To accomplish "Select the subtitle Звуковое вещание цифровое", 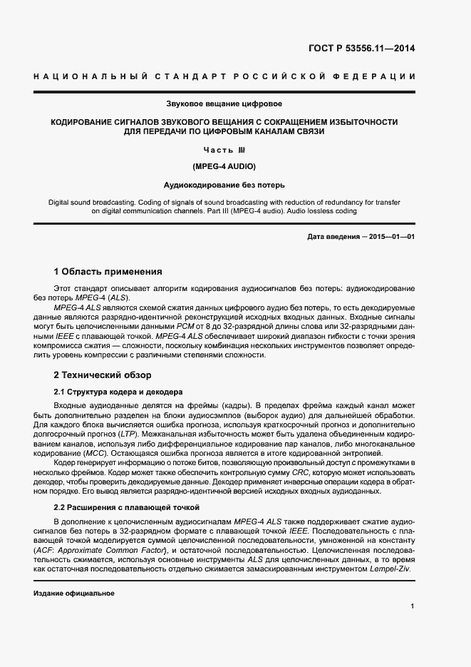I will click(224, 104).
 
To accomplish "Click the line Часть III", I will click(224, 150).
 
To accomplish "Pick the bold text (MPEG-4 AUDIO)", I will click(224, 166).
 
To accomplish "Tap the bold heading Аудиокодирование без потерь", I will click(224, 185).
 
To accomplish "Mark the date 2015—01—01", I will click(393, 236).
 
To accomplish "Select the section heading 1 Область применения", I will click(108, 272).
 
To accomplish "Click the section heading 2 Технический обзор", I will click(102, 375).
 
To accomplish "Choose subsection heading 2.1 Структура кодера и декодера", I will click(119, 392).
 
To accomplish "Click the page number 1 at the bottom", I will click(412, 606).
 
